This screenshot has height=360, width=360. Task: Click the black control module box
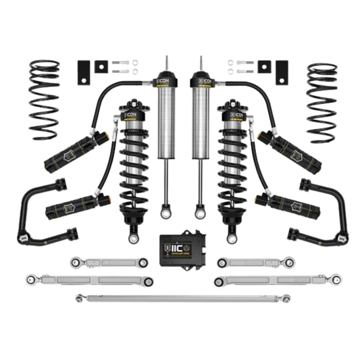180,249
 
